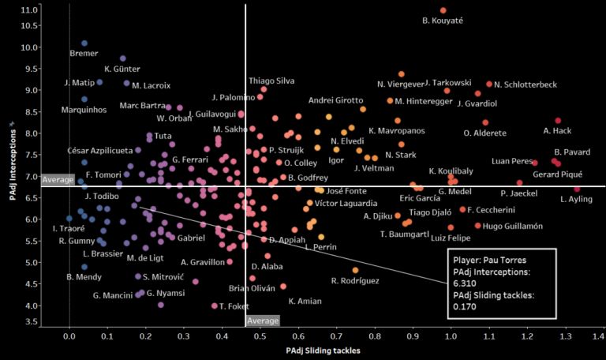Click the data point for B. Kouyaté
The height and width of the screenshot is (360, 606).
443,10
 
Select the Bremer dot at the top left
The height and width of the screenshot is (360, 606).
84,43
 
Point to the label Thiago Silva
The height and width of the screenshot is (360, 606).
271,81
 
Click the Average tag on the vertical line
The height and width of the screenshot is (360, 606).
263,321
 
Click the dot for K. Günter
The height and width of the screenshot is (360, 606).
122,58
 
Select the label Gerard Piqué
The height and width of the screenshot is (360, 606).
558,174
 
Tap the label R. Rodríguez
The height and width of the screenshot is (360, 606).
355,281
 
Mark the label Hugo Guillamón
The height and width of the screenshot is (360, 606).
513,227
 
